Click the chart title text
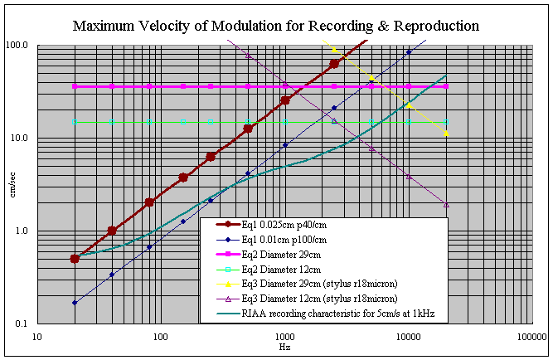point(276,25)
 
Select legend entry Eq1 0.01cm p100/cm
point(293,240)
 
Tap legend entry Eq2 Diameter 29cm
point(286,255)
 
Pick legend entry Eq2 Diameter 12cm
point(286,270)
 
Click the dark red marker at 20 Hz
point(75,258)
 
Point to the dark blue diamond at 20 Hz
point(75,303)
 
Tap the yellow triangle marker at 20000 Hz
point(446,133)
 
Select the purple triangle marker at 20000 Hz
point(446,204)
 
